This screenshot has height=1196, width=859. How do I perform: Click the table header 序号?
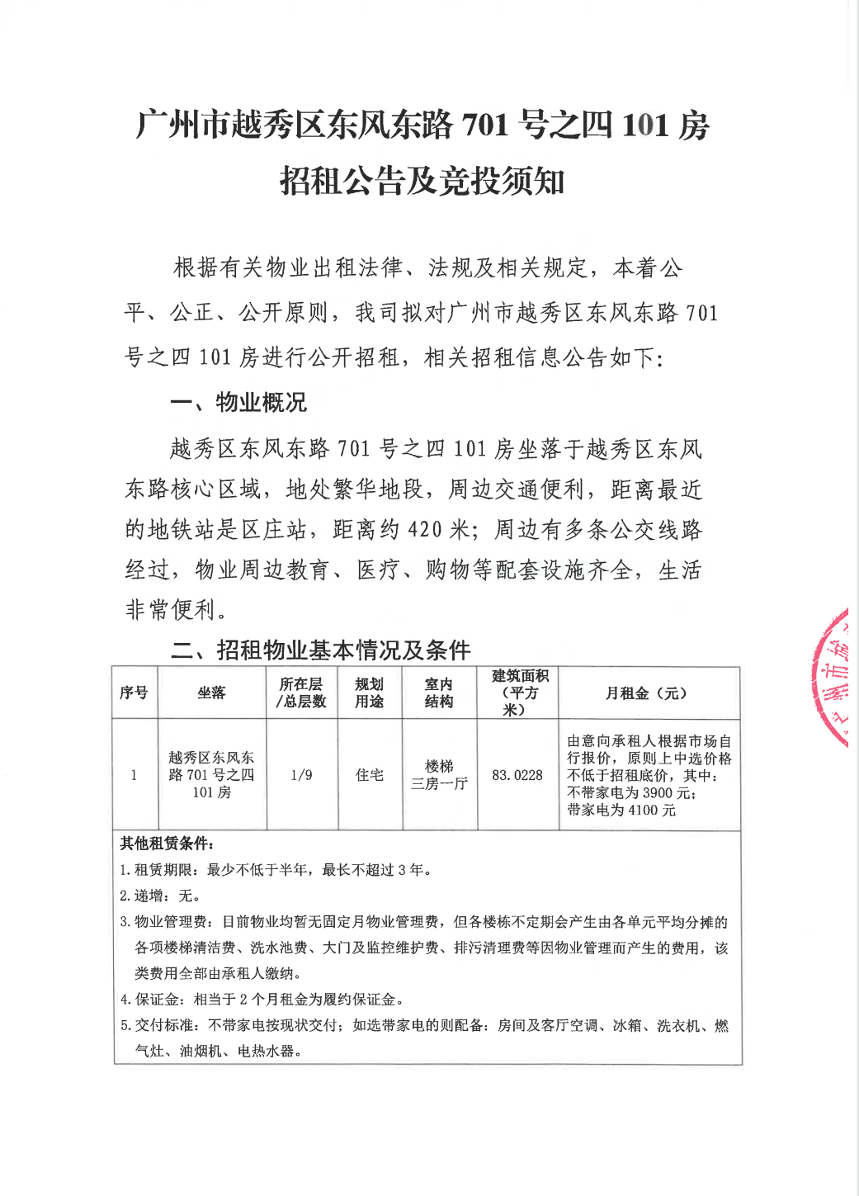[134, 693]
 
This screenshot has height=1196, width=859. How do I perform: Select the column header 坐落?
[211, 693]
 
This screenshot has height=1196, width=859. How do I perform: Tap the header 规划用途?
[369, 693]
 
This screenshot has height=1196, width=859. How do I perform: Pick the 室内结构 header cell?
[439, 693]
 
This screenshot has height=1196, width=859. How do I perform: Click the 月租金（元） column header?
[648, 693]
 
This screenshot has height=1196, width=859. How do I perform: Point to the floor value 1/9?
[301, 775]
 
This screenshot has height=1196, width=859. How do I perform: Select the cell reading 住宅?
[369, 775]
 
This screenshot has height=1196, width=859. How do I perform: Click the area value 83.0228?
[517, 775]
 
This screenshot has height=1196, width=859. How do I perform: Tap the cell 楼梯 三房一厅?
[439, 775]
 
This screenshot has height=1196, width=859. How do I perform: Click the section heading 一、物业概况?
[238, 403]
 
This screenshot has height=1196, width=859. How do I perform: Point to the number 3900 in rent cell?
[657, 793]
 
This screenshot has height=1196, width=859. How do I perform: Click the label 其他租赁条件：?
[168, 844]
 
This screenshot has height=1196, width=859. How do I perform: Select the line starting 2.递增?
[160, 896]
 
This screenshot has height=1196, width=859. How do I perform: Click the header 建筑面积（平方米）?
[519, 693]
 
